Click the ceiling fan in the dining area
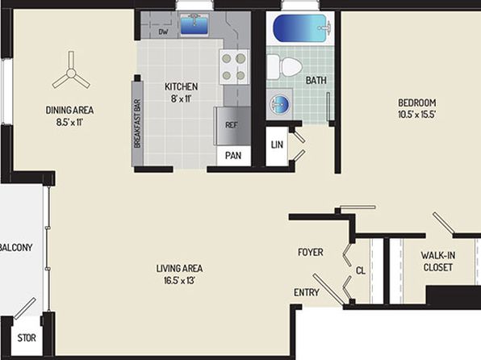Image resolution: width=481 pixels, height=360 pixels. point(71,73)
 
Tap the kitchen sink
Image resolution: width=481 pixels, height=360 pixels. point(194,24)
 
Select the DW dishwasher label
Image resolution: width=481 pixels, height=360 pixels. point(163,31)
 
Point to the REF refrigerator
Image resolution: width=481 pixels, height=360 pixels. point(232,126)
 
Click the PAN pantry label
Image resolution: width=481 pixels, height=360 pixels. point(233,156)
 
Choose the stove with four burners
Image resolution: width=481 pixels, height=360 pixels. point(234,67)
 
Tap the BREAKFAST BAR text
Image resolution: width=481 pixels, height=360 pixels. point(137,123)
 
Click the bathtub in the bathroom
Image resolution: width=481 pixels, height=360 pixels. point(303,29)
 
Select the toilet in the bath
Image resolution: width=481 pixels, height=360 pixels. point(284,67)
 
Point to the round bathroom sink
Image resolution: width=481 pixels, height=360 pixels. point(279,104)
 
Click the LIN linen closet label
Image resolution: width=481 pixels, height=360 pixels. point(277,144)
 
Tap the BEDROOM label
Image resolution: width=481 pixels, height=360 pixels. point(417,103)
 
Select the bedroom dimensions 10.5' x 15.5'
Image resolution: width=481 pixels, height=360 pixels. point(417,115)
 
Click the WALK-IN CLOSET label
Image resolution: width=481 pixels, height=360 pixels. point(437,262)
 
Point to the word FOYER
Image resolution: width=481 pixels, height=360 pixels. point(311,253)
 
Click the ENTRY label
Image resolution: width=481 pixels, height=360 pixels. point(307,292)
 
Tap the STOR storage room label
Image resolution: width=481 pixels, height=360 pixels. point(27,338)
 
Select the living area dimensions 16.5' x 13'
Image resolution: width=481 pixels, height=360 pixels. point(179,281)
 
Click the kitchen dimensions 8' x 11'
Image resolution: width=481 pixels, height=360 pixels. point(181,98)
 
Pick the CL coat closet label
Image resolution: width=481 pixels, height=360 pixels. point(361,270)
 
